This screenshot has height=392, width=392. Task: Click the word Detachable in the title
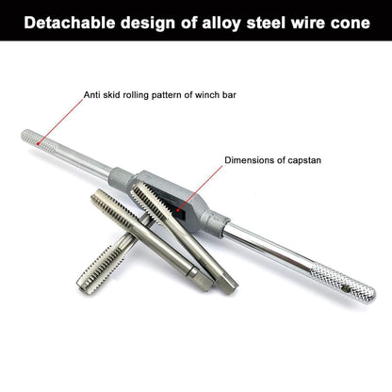pos(70,23)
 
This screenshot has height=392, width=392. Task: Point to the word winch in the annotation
pos(207,95)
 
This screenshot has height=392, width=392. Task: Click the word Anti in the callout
pos(90,95)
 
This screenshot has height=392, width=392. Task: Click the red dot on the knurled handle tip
pos(38,144)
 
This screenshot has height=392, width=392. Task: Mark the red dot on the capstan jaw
pos(177,210)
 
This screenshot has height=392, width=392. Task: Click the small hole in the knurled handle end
pos(348,289)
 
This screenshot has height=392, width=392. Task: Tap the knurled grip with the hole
pos(343,283)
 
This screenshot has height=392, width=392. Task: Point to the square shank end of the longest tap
pos(228,285)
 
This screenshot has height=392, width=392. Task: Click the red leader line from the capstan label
pos(200,188)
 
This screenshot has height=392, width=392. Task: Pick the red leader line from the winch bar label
pos(61,122)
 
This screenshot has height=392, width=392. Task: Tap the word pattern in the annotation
pos(167,95)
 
